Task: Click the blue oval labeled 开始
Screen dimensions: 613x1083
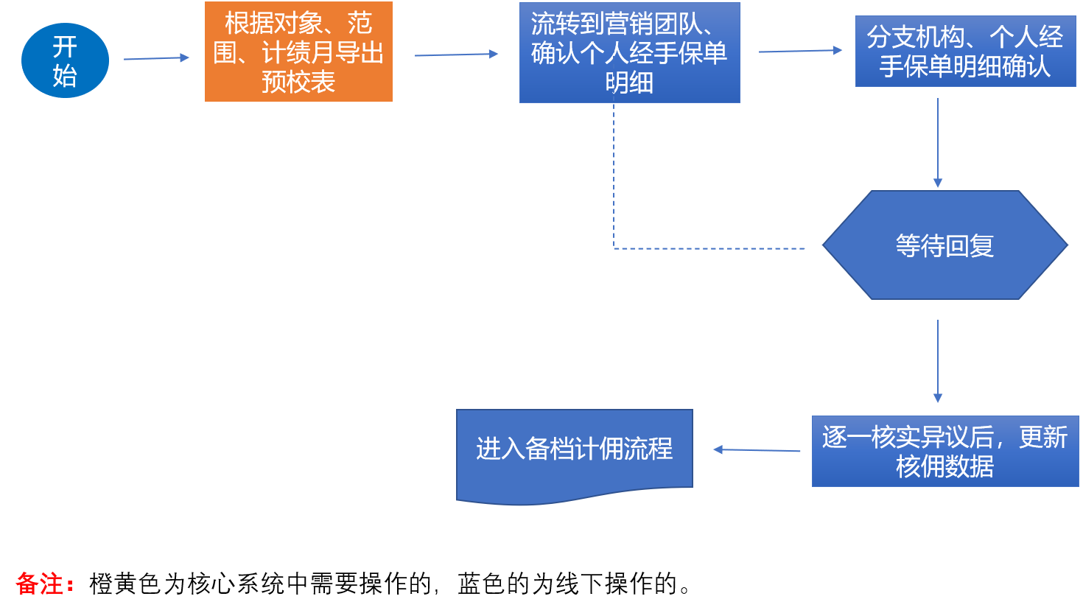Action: coord(65,60)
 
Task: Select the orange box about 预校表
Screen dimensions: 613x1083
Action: coord(298,52)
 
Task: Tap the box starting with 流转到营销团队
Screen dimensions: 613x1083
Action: coord(629,52)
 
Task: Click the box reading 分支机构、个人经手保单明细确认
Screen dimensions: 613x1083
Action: coord(965,52)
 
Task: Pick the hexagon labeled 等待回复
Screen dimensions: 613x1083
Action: coord(944,245)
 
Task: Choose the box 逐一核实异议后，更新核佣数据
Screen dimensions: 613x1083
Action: coord(944,451)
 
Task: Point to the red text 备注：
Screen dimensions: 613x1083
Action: coord(45,584)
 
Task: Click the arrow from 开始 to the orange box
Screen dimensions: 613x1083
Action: coord(156,58)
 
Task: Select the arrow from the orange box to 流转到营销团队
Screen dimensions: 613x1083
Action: coord(456,55)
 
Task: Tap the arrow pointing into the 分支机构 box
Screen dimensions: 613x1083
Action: coord(800,51)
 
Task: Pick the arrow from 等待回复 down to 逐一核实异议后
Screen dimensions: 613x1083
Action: coord(938,361)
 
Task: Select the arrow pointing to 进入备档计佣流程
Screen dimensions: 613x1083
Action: coord(757,450)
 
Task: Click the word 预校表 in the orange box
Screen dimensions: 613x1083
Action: coord(298,82)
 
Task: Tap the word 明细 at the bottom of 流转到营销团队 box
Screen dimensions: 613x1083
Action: coord(629,83)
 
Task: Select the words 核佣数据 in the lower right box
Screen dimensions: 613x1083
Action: coord(944,466)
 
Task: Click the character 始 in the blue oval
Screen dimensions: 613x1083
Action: coord(65,76)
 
